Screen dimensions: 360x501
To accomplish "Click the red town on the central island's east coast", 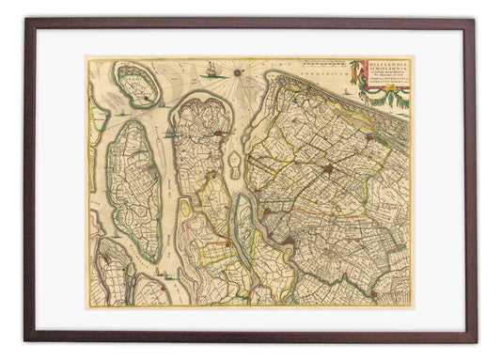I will coord(218,134).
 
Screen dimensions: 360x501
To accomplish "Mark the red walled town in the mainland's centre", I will coord(327,171).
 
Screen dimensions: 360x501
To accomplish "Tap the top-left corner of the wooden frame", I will coord(26,21).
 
